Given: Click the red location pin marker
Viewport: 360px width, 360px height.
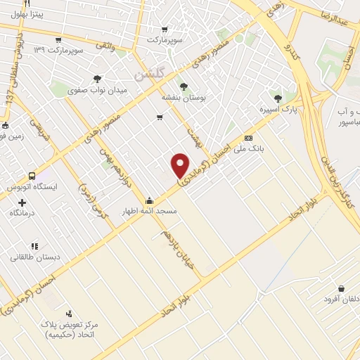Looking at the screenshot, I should [x=180, y=166].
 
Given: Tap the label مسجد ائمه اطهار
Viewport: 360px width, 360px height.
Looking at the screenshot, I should [x=150, y=211].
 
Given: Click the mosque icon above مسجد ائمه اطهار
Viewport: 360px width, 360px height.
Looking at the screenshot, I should [x=150, y=200].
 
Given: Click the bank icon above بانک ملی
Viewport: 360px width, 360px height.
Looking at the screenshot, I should [x=248, y=138].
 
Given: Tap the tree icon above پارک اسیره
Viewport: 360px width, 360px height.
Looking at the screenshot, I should [x=278, y=98].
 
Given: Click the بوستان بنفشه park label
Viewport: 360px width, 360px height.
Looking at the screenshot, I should [x=184, y=98].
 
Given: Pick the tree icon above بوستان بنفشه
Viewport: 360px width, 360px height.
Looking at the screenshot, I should [x=184, y=86].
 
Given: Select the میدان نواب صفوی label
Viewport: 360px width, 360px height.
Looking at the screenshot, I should [x=96, y=90].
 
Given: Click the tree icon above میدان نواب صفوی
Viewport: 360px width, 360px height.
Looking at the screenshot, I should [x=96, y=79].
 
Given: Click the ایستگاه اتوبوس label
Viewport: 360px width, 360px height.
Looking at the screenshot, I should [x=32, y=188].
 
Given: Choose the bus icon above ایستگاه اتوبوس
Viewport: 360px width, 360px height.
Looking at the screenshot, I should [x=32, y=176].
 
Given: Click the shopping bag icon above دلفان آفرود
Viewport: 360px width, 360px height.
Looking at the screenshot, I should [x=341, y=288].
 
